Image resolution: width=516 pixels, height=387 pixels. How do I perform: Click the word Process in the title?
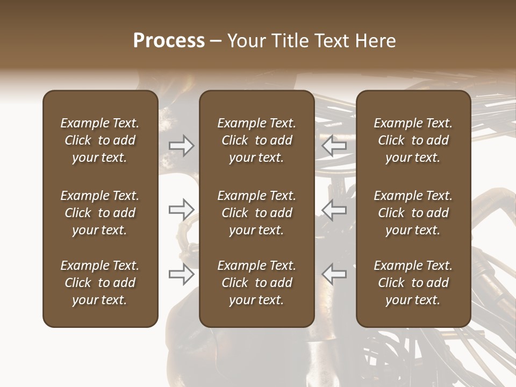click(x=169, y=41)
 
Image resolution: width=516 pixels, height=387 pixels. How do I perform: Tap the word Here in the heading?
click(x=376, y=41)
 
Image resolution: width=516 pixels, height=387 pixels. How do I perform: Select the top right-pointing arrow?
click(x=182, y=146)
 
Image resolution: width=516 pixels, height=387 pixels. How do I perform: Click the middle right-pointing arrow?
click(x=182, y=210)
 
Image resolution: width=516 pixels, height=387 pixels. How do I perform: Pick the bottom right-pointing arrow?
click(x=182, y=274)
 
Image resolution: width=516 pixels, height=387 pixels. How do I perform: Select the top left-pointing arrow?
click(x=334, y=146)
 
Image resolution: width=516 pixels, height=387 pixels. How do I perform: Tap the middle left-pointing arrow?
click(x=334, y=210)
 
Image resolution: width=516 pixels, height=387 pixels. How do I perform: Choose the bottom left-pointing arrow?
click(x=334, y=274)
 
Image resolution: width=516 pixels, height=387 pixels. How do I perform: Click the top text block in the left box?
click(x=100, y=140)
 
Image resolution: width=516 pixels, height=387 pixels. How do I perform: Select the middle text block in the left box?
click(x=100, y=213)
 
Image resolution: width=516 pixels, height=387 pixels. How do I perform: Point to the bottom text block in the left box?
click(x=100, y=283)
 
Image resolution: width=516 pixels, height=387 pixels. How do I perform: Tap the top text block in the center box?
click(x=256, y=140)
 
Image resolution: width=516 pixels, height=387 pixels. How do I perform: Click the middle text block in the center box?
click(x=256, y=213)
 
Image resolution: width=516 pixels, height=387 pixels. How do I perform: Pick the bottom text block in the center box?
click(x=256, y=283)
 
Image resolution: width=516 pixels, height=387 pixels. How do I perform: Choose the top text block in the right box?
click(x=413, y=140)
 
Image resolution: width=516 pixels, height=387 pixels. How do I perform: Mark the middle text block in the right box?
click(x=413, y=213)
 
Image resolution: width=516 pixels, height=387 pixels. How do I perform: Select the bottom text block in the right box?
click(x=413, y=283)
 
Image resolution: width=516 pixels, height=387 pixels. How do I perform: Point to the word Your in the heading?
click(x=245, y=41)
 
